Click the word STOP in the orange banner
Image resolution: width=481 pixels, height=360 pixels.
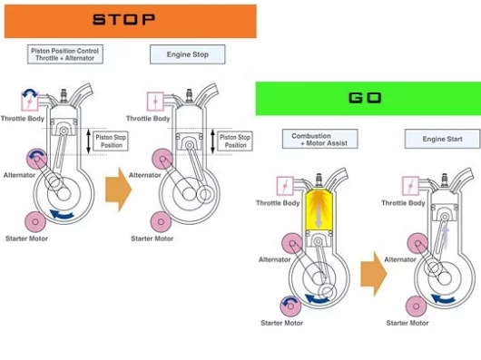(x=124, y=20)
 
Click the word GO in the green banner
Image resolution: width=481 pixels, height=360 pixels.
(x=365, y=98)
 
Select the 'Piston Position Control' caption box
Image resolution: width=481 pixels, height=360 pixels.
(x=65, y=54)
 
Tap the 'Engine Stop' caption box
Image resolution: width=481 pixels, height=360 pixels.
(x=188, y=54)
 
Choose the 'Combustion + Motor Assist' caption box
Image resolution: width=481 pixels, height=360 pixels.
(x=320, y=139)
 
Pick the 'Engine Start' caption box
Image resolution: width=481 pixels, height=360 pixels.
(x=442, y=139)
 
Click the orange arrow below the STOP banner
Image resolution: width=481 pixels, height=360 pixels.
(x=118, y=190)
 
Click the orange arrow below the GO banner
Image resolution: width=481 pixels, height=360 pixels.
(x=374, y=274)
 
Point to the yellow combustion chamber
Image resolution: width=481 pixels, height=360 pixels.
(x=319, y=210)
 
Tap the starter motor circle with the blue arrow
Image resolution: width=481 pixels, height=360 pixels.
(x=290, y=306)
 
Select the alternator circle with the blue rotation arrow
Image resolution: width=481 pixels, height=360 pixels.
(x=37, y=159)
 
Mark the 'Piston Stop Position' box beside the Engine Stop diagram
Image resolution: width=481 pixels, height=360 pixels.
(x=235, y=141)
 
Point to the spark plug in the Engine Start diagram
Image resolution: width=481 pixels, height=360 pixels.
(x=444, y=180)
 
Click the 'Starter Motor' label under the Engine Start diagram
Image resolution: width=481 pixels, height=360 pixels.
(x=407, y=323)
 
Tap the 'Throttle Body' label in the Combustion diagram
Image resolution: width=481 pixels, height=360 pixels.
(x=278, y=203)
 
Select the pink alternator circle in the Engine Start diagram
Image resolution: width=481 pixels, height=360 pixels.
(x=417, y=243)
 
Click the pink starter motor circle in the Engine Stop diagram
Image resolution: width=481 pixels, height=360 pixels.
(x=161, y=221)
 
